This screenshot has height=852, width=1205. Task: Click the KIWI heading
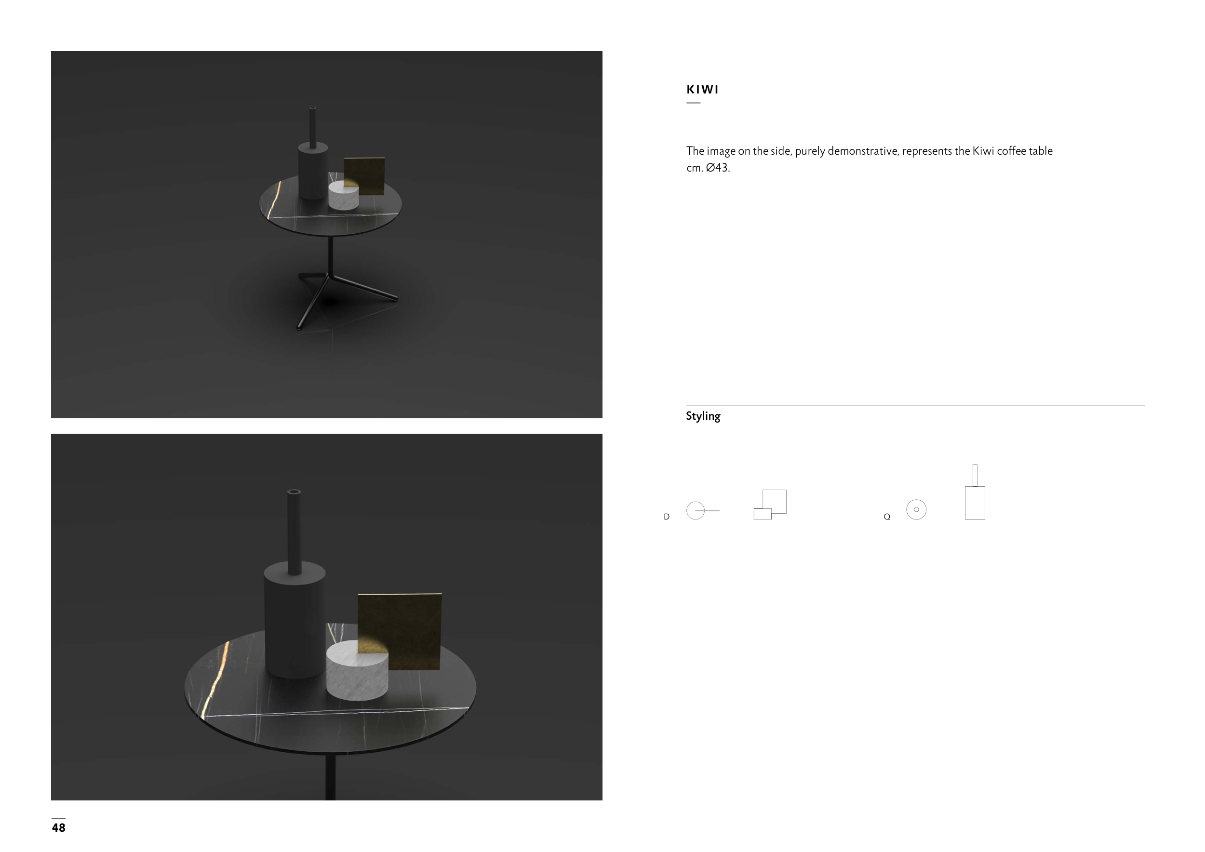pyautogui.click(x=702, y=90)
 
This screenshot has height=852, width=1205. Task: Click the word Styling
pyautogui.click(x=703, y=416)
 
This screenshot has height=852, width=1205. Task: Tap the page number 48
pyautogui.click(x=58, y=828)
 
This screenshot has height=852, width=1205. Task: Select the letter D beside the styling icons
pyautogui.click(x=667, y=517)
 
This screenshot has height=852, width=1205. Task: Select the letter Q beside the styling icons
pyautogui.click(x=887, y=517)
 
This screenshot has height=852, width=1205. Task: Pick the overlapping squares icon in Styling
pyautogui.click(x=770, y=505)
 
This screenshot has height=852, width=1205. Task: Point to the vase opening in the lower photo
pyautogui.click(x=294, y=492)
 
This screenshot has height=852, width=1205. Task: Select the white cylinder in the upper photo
pyautogui.click(x=344, y=196)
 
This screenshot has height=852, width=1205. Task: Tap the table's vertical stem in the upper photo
pyautogui.click(x=330, y=255)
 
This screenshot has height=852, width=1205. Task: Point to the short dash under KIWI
pyautogui.click(x=693, y=103)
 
